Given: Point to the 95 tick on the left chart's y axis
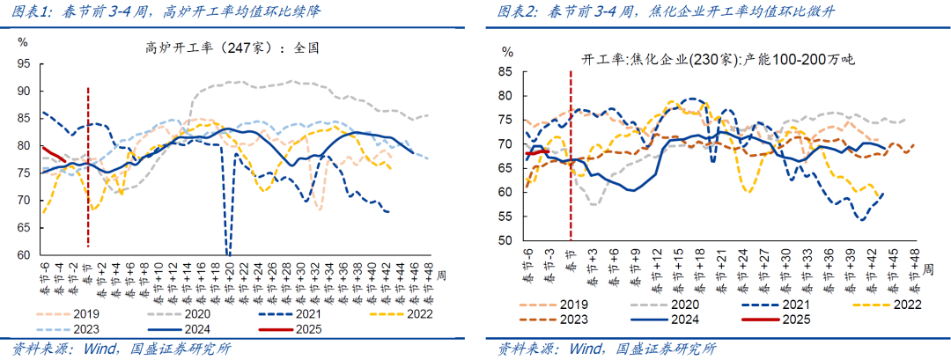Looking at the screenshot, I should (x=24, y=64).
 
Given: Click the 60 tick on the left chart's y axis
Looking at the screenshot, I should (x=24, y=255).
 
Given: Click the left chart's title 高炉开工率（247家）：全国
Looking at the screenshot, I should (x=231, y=49).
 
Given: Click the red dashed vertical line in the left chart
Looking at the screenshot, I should (x=88, y=167).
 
